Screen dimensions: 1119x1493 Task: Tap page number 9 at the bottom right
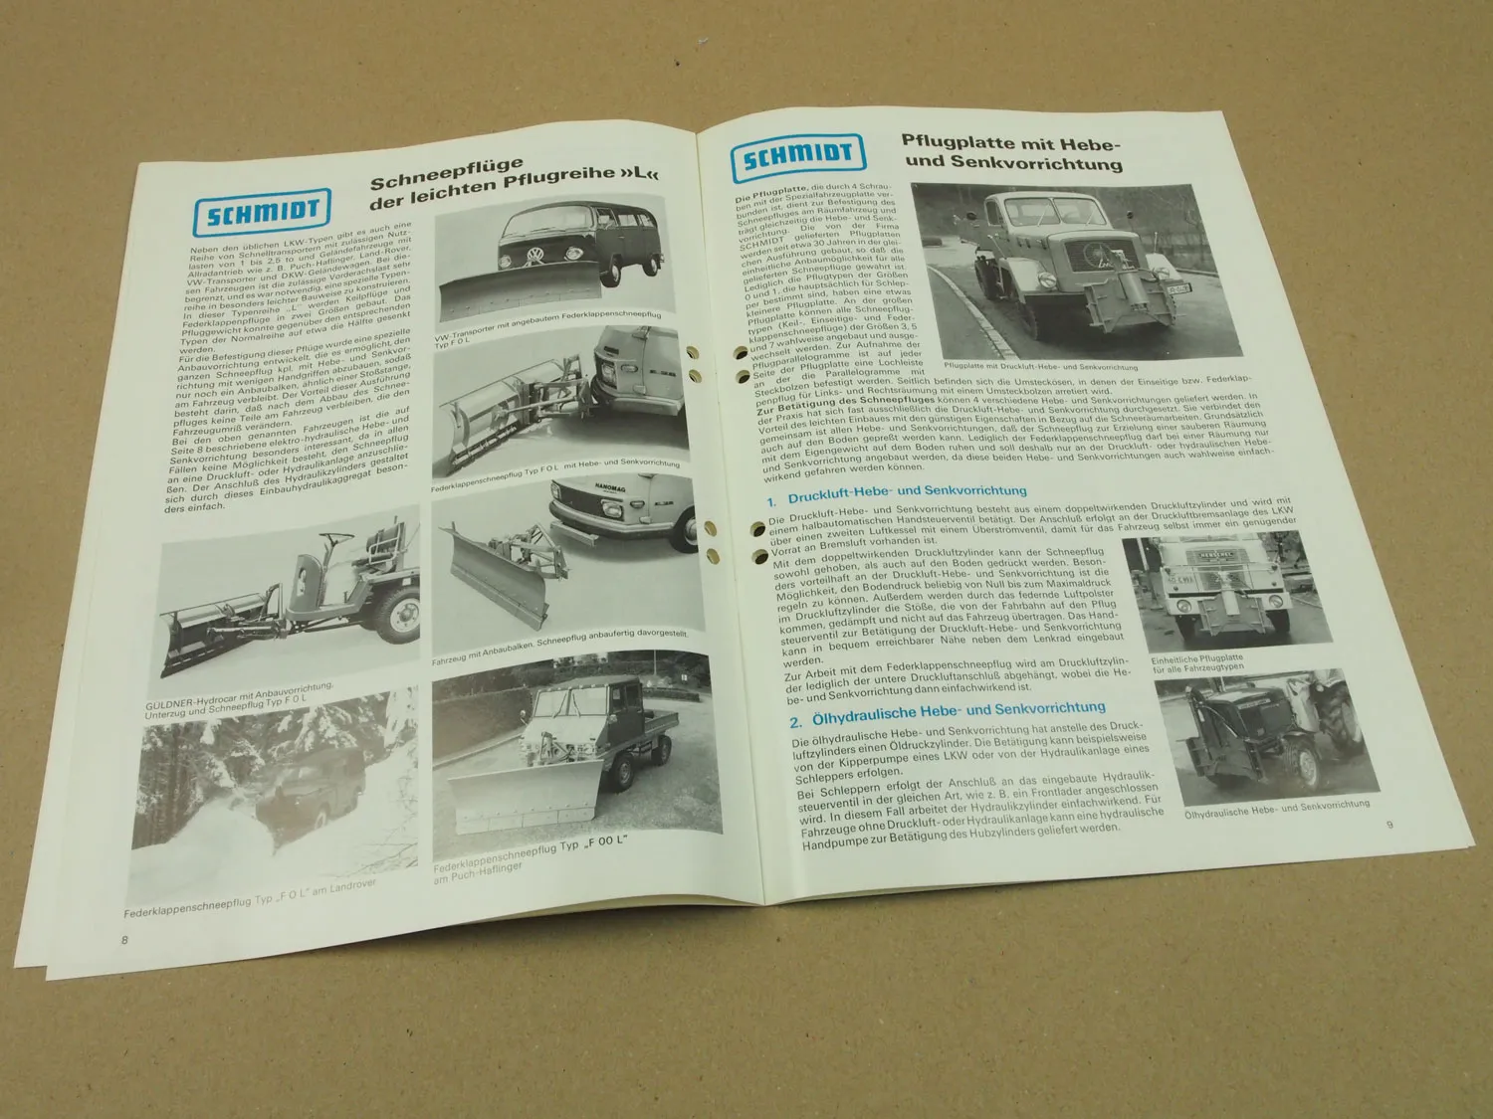click(1389, 825)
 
